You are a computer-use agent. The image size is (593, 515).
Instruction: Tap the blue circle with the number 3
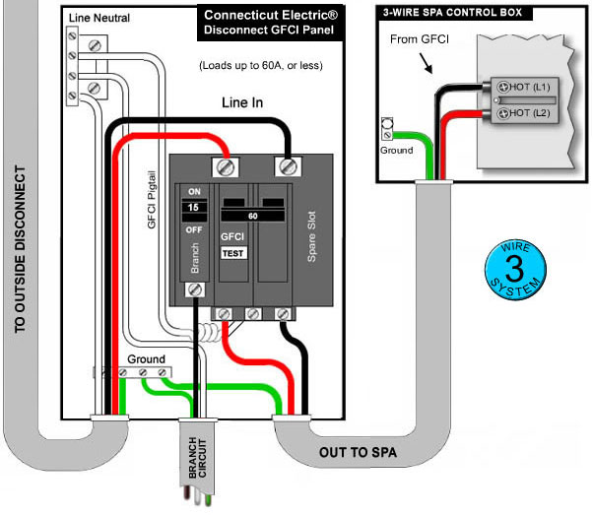(x=516, y=265)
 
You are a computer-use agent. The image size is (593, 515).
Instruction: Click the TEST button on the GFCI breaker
(x=232, y=253)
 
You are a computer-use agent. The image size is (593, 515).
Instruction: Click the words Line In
(x=245, y=101)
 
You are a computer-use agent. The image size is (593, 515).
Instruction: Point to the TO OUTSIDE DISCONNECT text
(x=21, y=256)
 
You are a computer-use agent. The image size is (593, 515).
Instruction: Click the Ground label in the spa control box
(x=395, y=151)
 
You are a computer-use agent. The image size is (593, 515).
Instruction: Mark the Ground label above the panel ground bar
(x=146, y=359)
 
